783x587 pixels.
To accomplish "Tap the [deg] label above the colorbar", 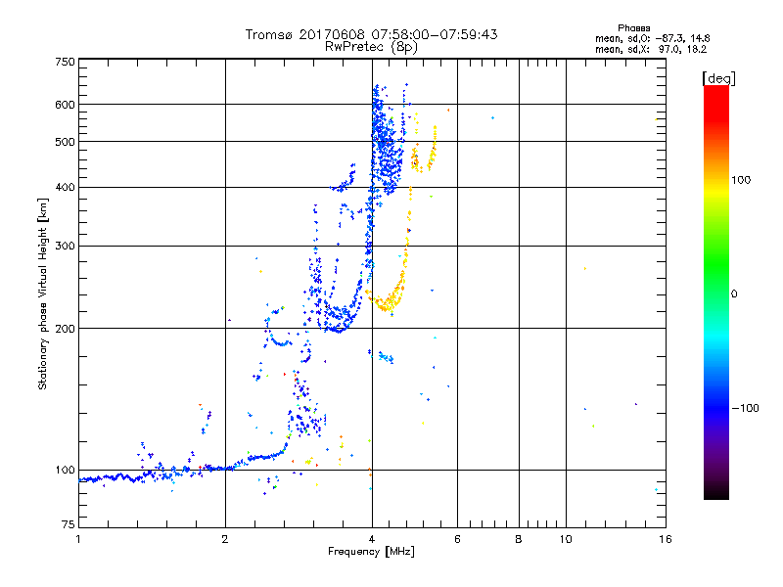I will (x=719, y=77).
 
